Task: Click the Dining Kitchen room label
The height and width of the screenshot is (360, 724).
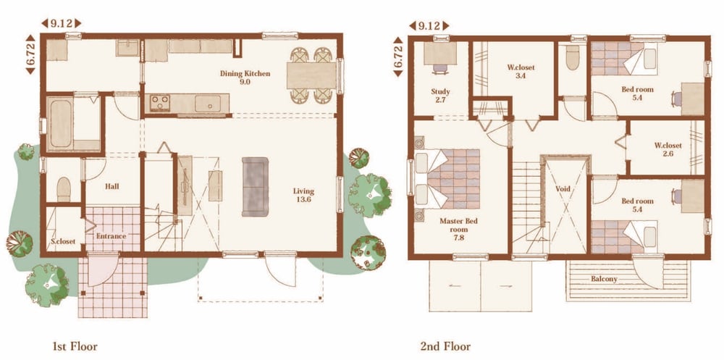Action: point(245,78)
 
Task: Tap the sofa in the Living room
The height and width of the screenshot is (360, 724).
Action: point(255,187)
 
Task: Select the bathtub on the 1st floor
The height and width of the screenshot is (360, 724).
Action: point(61,123)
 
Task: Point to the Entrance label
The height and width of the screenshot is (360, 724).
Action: point(111,236)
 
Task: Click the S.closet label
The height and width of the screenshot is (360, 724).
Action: point(63,241)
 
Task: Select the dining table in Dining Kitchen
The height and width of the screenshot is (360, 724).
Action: point(311,75)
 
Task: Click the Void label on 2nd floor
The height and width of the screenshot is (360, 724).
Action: point(563,188)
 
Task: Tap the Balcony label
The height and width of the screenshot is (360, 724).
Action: point(604,279)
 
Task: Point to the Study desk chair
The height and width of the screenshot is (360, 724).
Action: point(440,69)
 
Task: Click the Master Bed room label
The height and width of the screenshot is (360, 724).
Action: point(458,229)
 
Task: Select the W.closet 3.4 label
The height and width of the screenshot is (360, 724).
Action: point(521,72)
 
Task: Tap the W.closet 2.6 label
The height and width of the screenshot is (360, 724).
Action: point(668,149)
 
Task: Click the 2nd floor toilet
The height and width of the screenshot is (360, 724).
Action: point(573,58)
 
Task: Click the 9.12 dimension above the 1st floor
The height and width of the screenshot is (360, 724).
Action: point(62,23)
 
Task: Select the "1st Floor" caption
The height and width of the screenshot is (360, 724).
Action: point(75,346)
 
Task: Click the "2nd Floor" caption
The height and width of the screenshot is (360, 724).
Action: point(445,346)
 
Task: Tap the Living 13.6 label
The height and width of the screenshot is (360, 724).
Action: point(303,196)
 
